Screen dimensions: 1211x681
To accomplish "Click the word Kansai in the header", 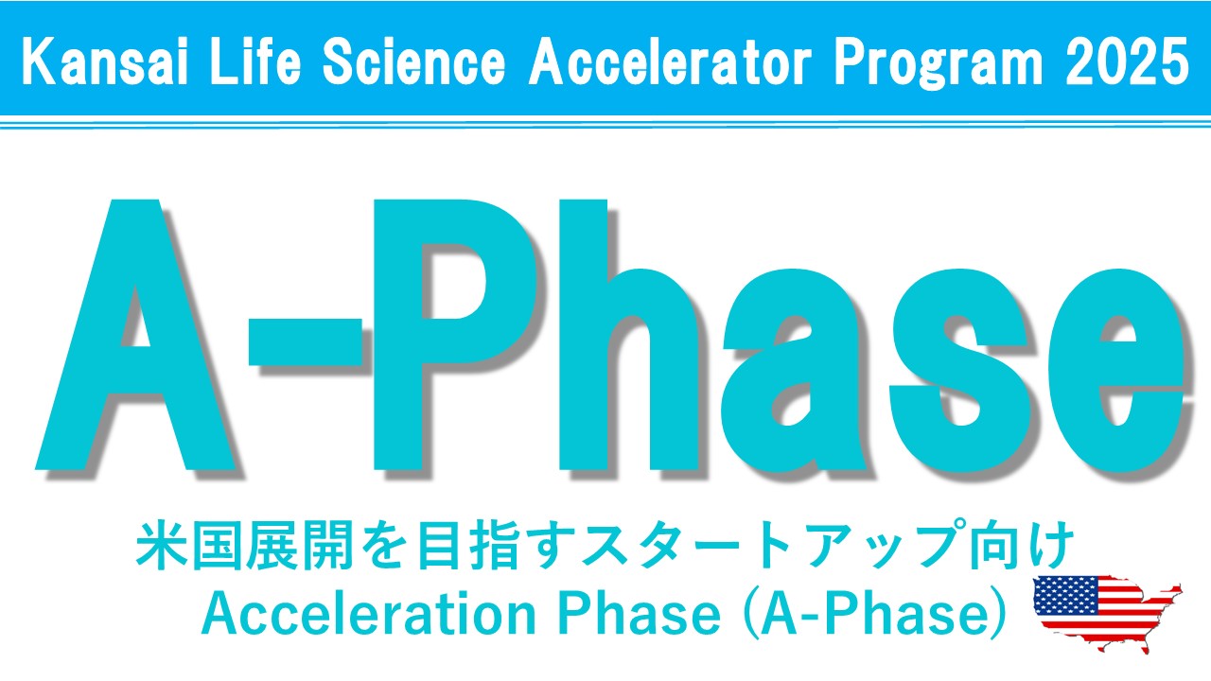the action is click(x=105, y=61).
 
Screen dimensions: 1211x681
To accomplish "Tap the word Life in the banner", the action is click(x=254, y=61).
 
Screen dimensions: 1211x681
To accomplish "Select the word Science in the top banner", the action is click(x=414, y=61).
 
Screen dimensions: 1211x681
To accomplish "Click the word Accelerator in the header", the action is click(x=671, y=61).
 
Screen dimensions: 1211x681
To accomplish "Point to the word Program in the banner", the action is click(x=939, y=63).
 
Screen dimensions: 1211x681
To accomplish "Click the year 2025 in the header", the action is click(x=1127, y=61).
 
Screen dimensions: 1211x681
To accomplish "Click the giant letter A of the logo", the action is click(x=135, y=334).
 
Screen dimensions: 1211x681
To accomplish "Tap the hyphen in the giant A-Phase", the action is click(x=305, y=341).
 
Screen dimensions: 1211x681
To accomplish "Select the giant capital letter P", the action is click(x=454, y=334).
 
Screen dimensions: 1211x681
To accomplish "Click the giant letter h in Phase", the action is click(x=629, y=334).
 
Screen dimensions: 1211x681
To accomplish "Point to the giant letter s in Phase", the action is click(x=960, y=371).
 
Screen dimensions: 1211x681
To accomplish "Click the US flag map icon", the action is click(x=1107, y=613).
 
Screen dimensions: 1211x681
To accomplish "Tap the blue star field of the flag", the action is click(x=1065, y=594).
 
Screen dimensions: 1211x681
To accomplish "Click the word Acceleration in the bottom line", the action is click(x=368, y=614).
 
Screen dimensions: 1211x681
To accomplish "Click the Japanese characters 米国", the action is click(x=188, y=545).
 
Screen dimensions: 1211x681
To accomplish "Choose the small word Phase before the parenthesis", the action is click(x=640, y=614).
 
